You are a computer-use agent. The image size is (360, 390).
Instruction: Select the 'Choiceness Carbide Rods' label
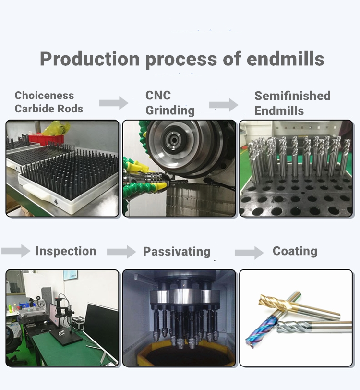48,102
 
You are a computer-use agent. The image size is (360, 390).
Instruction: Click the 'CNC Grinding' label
170,102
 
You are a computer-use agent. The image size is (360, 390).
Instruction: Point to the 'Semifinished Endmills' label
292,103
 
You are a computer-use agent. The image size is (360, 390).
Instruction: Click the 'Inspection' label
66,251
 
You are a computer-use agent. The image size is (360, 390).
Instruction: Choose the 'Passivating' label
177,252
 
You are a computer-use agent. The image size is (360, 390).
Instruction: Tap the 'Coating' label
295,251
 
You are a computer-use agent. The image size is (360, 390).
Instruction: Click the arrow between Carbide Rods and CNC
113,102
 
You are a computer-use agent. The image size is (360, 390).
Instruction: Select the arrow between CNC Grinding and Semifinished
224,104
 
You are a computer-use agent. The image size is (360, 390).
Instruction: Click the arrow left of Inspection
15,251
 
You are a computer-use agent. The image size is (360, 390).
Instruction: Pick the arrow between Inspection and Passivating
121,252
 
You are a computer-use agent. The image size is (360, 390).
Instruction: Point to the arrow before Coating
249,252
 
